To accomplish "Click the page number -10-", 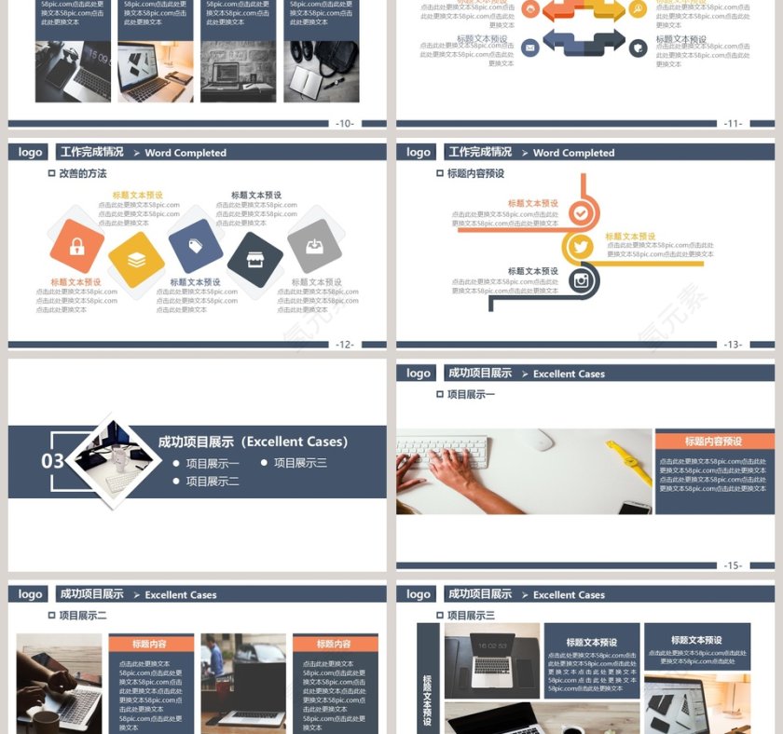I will [x=345, y=123].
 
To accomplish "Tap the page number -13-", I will [x=733, y=344].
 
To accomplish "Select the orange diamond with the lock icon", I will [x=76, y=247].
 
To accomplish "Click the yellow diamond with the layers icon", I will [x=136, y=259].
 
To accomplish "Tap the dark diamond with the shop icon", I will [x=255, y=259].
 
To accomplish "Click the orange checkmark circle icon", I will [x=581, y=213].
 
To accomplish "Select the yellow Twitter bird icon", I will [x=581, y=247].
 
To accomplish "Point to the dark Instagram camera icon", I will [x=582, y=279].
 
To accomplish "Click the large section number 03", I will [x=53, y=460].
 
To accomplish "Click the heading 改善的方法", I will [x=82, y=173].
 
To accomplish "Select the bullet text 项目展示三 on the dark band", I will [x=300, y=463].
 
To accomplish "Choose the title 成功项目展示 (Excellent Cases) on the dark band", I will [x=252, y=442].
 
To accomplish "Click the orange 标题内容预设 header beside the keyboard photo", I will [x=714, y=441].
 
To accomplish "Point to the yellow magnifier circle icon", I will [x=638, y=9].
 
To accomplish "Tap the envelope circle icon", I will [x=530, y=48].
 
